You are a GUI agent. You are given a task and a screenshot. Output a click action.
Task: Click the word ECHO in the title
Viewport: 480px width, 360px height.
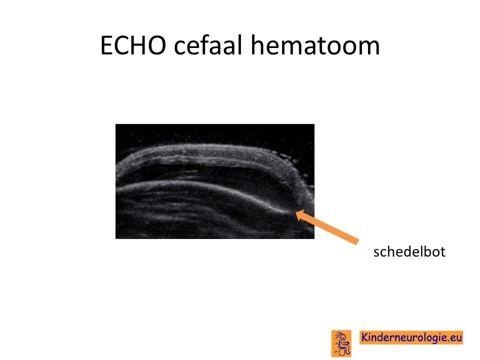pyautogui.click(x=133, y=45)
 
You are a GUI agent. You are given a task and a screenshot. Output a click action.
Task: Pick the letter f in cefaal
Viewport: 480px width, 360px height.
pyautogui.click(x=202, y=44)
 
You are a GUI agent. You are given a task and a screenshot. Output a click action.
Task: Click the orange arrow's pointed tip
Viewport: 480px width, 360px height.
pyautogui.click(x=295, y=211)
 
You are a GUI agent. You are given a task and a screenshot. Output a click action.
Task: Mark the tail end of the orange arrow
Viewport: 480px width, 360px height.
pyautogui.click(x=357, y=241)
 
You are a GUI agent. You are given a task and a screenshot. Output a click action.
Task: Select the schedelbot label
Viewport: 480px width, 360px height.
pyautogui.click(x=409, y=251)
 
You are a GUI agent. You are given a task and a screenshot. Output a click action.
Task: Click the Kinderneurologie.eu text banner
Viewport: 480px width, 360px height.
pyautogui.click(x=411, y=337)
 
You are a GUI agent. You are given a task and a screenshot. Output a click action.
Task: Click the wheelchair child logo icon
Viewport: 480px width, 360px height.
pyautogui.click(x=341, y=343)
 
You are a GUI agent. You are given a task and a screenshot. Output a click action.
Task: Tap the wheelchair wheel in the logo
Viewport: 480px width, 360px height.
pyautogui.click(x=342, y=351)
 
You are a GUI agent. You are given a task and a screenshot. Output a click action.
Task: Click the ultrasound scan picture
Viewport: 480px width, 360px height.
pyautogui.click(x=215, y=181)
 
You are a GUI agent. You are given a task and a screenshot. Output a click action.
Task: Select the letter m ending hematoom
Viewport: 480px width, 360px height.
pyautogui.click(x=369, y=47)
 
